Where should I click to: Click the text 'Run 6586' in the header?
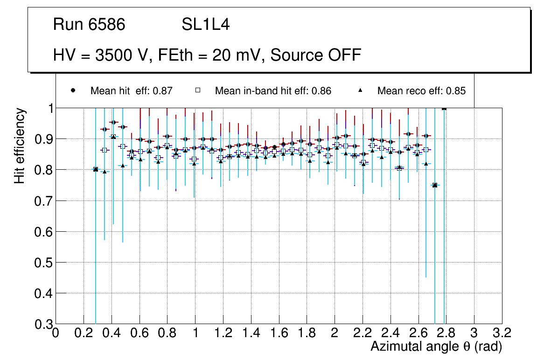pos(89,24)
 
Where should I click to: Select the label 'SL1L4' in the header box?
pos(205,24)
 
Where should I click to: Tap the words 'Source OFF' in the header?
pos(316,55)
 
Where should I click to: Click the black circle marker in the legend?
pos(73,90)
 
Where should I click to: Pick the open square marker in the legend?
pos(197,90)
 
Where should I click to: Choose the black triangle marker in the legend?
pos(360,90)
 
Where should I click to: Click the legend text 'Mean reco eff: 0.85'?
pos(421,91)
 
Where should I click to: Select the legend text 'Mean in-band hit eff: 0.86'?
pos(273,91)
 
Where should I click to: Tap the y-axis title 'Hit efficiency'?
pos(20,146)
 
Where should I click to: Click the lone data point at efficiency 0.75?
pos(435,185)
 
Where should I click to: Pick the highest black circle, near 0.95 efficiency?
pos(113,122)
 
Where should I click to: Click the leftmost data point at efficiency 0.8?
pos(96,169)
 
